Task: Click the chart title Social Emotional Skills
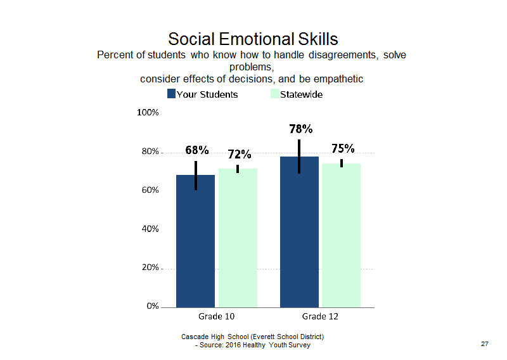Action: [x=253, y=39]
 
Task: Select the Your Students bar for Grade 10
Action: [x=195, y=241]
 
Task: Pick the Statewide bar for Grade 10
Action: [x=238, y=238]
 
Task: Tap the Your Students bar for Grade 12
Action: [x=299, y=232]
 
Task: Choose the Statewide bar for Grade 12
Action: [x=342, y=235]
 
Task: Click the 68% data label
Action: [x=197, y=150]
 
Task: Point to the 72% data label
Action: [x=240, y=154]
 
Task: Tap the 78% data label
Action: [x=300, y=129]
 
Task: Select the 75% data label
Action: [x=343, y=148]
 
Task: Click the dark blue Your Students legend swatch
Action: [x=171, y=94]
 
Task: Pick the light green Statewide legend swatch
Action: [x=275, y=94]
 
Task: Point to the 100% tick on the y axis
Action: [x=148, y=113]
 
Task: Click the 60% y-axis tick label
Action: [x=150, y=190]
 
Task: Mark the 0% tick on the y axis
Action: [x=153, y=306]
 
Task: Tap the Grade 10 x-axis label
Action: [x=216, y=316]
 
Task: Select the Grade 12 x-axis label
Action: [x=320, y=316]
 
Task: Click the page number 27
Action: [x=485, y=344]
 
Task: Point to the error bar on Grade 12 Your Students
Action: [x=299, y=157]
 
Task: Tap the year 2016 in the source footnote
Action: [x=233, y=345]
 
